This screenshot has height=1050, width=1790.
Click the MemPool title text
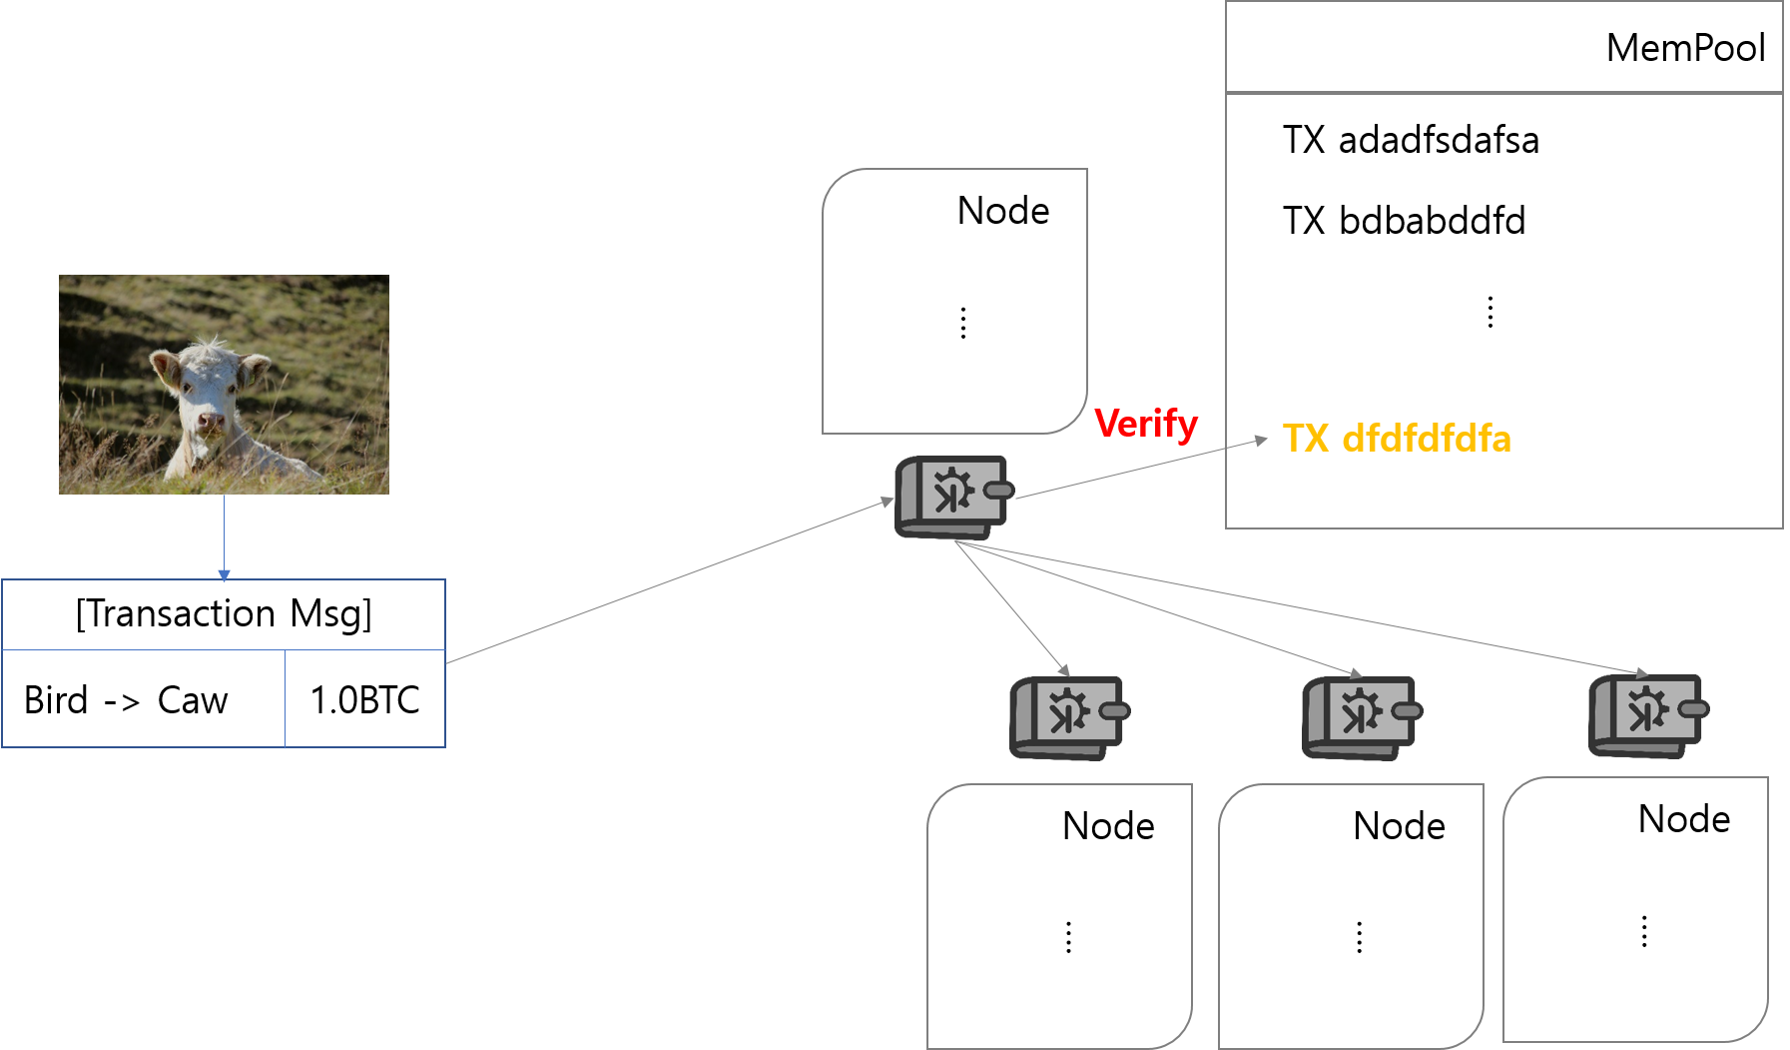(1684, 48)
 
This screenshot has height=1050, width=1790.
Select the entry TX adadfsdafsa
(1410, 140)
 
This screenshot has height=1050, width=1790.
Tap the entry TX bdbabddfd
(1403, 221)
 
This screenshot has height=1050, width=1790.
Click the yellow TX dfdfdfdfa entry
(1396, 439)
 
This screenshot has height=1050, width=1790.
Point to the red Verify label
(1145, 424)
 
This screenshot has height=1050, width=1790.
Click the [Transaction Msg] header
(224, 613)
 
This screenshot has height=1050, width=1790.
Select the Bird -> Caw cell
(126, 699)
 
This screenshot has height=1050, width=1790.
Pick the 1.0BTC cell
(364, 699)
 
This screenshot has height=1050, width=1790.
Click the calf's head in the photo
(211, 385)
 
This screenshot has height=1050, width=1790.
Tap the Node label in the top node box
(1002, 211)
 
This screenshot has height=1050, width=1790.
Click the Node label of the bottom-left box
(1107, 826)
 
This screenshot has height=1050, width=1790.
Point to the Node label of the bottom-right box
(1683, 819)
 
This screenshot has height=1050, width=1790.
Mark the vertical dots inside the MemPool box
(1490, 312)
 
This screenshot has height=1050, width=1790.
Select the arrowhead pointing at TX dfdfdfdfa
(1261, 440)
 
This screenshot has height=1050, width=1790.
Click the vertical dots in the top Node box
(962, 323)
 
